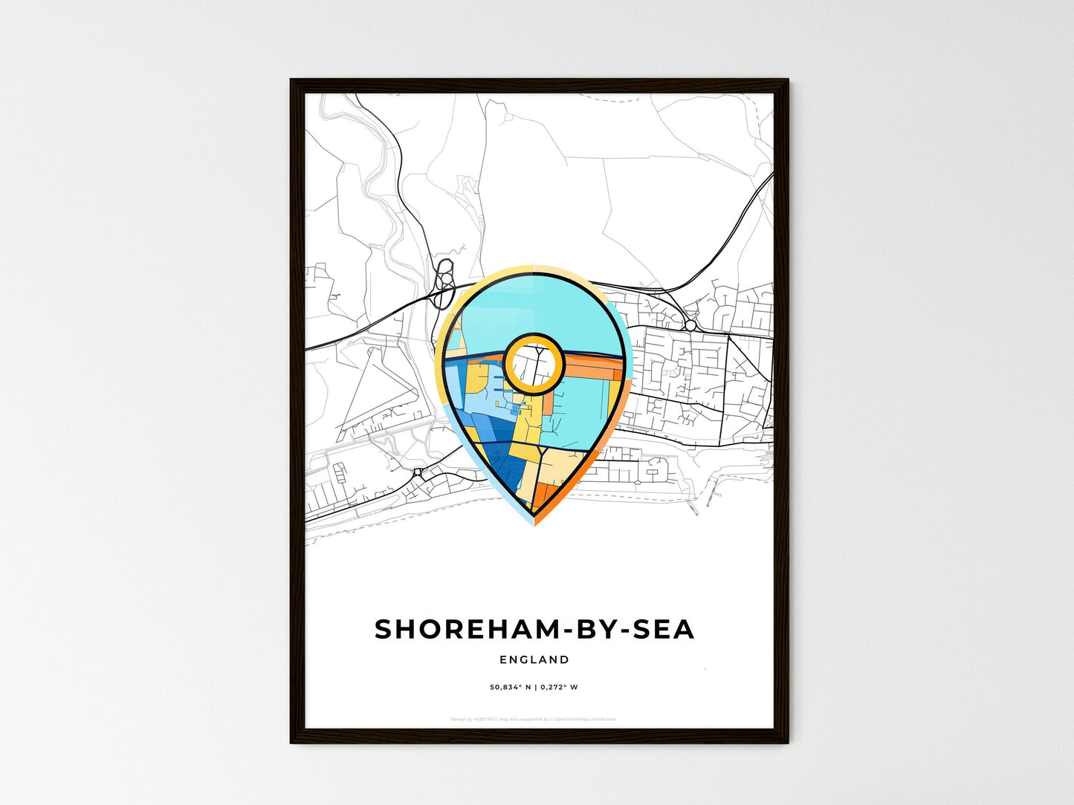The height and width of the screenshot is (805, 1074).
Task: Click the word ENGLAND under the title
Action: pyautogui.click(x=534, y=659)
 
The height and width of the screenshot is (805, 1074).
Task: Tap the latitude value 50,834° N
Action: pyautogui.click(x=509, y=687)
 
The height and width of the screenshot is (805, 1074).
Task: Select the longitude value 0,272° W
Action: pyautogui.click(x=560, y=687)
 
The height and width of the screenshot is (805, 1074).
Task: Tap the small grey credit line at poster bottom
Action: pyautogui.click(x=534, y=719)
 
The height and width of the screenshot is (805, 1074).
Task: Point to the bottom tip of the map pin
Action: pyautogui.click(x=534, y=521)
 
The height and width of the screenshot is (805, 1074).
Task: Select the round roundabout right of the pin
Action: pyautogui.click(x=690, y=325)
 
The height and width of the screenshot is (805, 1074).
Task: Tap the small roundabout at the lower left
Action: pyautogui.click(x=418, y=472)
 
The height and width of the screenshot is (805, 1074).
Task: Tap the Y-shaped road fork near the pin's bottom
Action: pyautogui.click(x=544, y=452)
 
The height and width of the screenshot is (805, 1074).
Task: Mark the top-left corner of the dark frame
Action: pyautogui.click(x=291, y=80)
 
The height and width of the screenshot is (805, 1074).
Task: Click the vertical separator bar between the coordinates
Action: pyautogui.click(x=535, y=687)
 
